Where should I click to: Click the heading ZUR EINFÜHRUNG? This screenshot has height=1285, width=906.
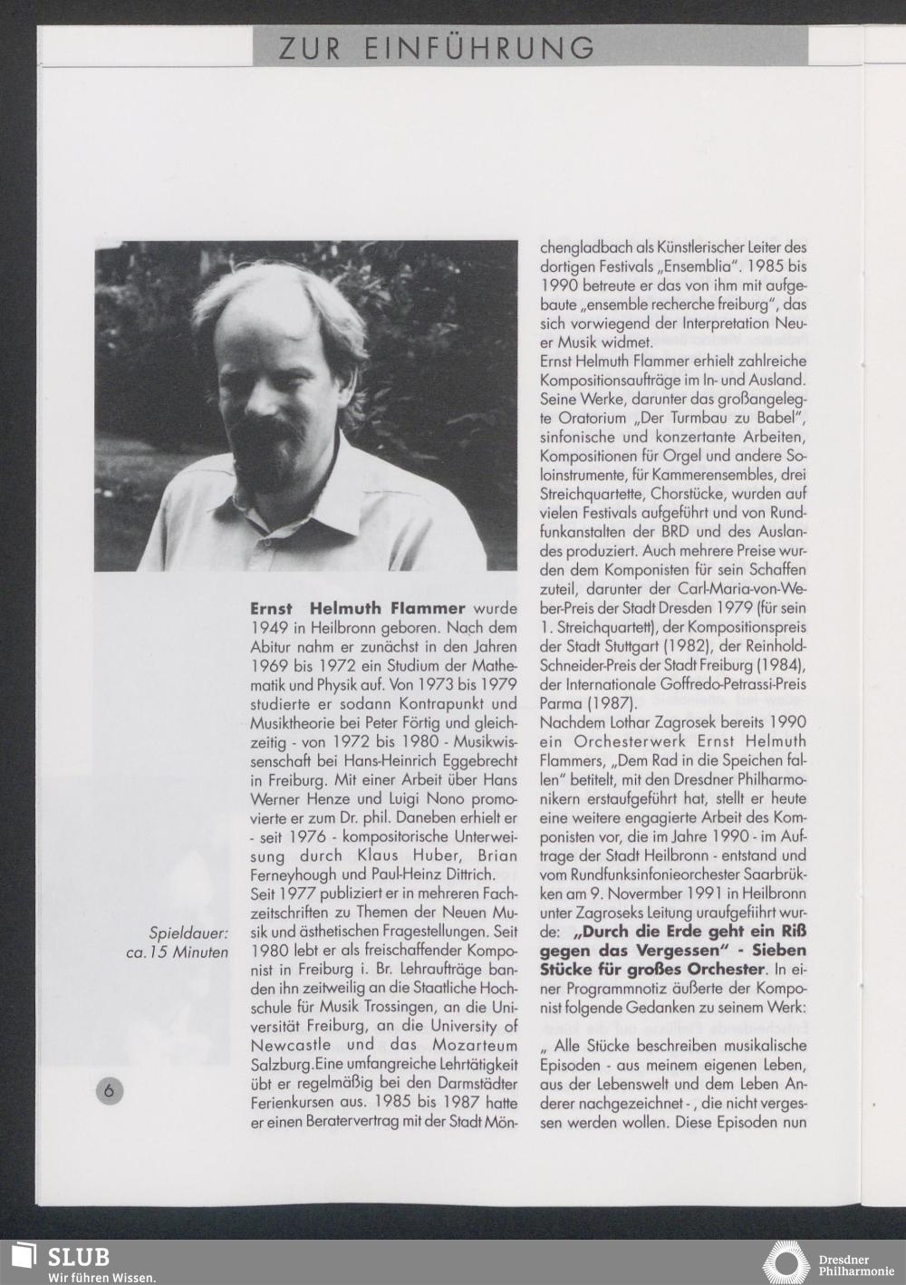click(437, 47)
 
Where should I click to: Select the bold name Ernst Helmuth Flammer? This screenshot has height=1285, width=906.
click(358, 608)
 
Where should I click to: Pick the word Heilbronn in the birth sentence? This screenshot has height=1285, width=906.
click(337, 628)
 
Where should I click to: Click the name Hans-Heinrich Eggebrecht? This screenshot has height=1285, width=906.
click(442, 760)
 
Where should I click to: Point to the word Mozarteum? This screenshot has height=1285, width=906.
click(463, 1045)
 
